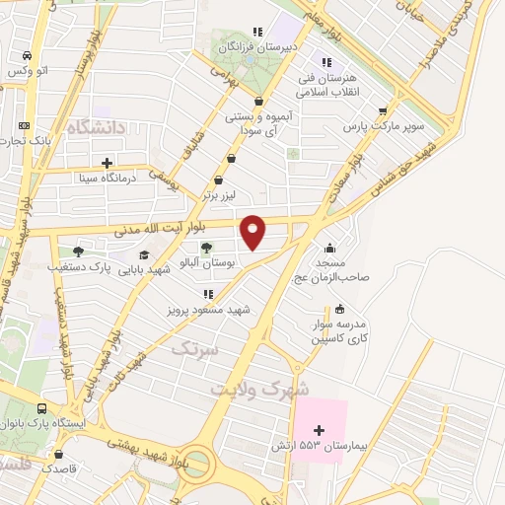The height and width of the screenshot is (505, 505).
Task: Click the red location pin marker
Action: [253, 231]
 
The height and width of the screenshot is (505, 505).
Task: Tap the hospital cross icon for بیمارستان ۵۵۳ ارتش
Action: [319, 429]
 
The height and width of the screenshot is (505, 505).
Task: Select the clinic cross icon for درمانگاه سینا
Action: [107, 163]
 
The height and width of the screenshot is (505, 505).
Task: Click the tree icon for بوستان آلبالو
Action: [206, 248]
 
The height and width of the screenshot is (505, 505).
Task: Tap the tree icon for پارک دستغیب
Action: [77, 252]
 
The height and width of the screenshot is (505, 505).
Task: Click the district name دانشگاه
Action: [96, 128]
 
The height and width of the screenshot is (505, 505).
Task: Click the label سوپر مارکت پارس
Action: [376, 126]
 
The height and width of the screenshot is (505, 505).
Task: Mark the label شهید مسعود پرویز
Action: [209, 310]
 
